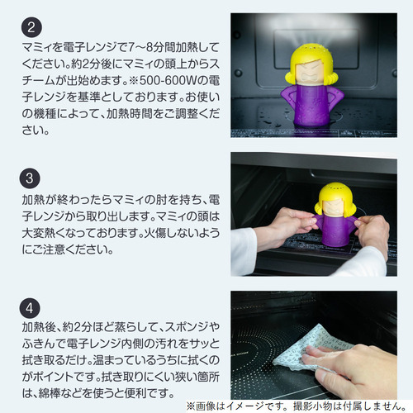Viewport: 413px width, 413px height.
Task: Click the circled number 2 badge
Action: pos(31,27)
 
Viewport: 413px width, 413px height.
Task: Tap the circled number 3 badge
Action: pos(30,178)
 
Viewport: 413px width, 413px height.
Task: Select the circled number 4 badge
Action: pos(30,308)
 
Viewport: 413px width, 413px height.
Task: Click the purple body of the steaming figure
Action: pos(312,104)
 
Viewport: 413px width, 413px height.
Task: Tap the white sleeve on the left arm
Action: pos(243,250)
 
